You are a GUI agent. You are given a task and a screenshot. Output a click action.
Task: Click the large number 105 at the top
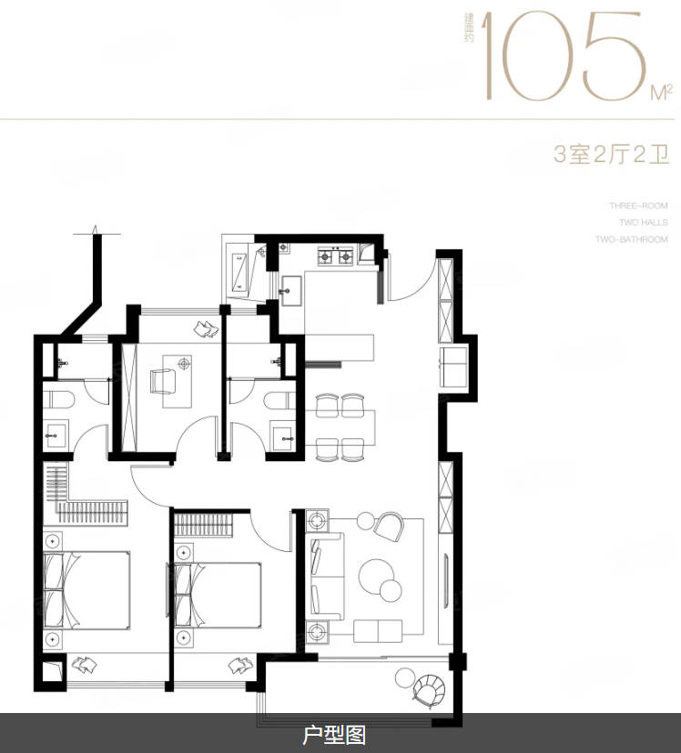[x=570, y=56]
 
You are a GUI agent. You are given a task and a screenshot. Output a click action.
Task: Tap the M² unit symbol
[x=661, y=92]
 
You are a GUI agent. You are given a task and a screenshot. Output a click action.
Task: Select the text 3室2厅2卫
[x=611, y=154]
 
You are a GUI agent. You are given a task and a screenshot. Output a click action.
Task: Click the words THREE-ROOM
[x=638, y=206]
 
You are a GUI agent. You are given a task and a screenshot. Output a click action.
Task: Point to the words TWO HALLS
[x=643, y=223]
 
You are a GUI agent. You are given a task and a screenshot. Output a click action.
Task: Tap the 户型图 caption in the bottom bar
[x=334, y=735]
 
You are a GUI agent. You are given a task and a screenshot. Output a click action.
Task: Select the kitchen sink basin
[x=291, y=293]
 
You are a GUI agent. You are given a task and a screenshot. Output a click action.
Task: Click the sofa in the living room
[x=326, y=578]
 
